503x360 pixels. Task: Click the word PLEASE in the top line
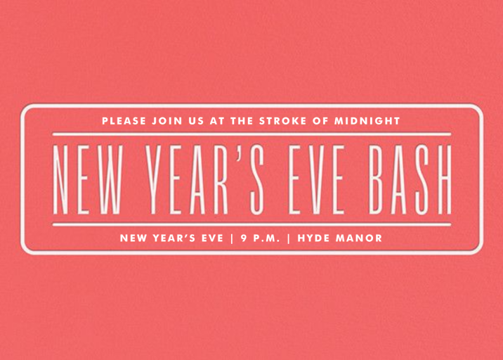pos(124,120)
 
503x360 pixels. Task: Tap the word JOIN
pos(169,120)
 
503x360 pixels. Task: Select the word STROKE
pos(285,120)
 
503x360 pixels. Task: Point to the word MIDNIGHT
pos(369,120)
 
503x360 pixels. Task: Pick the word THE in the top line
pos(241,120)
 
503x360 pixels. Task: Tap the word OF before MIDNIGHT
pos(320,120)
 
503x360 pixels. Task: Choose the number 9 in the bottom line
pos(243,238)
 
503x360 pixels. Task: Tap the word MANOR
pos(362,238)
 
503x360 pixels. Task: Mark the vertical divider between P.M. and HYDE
pos(289,238)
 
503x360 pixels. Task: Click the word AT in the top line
pos(217,120)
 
